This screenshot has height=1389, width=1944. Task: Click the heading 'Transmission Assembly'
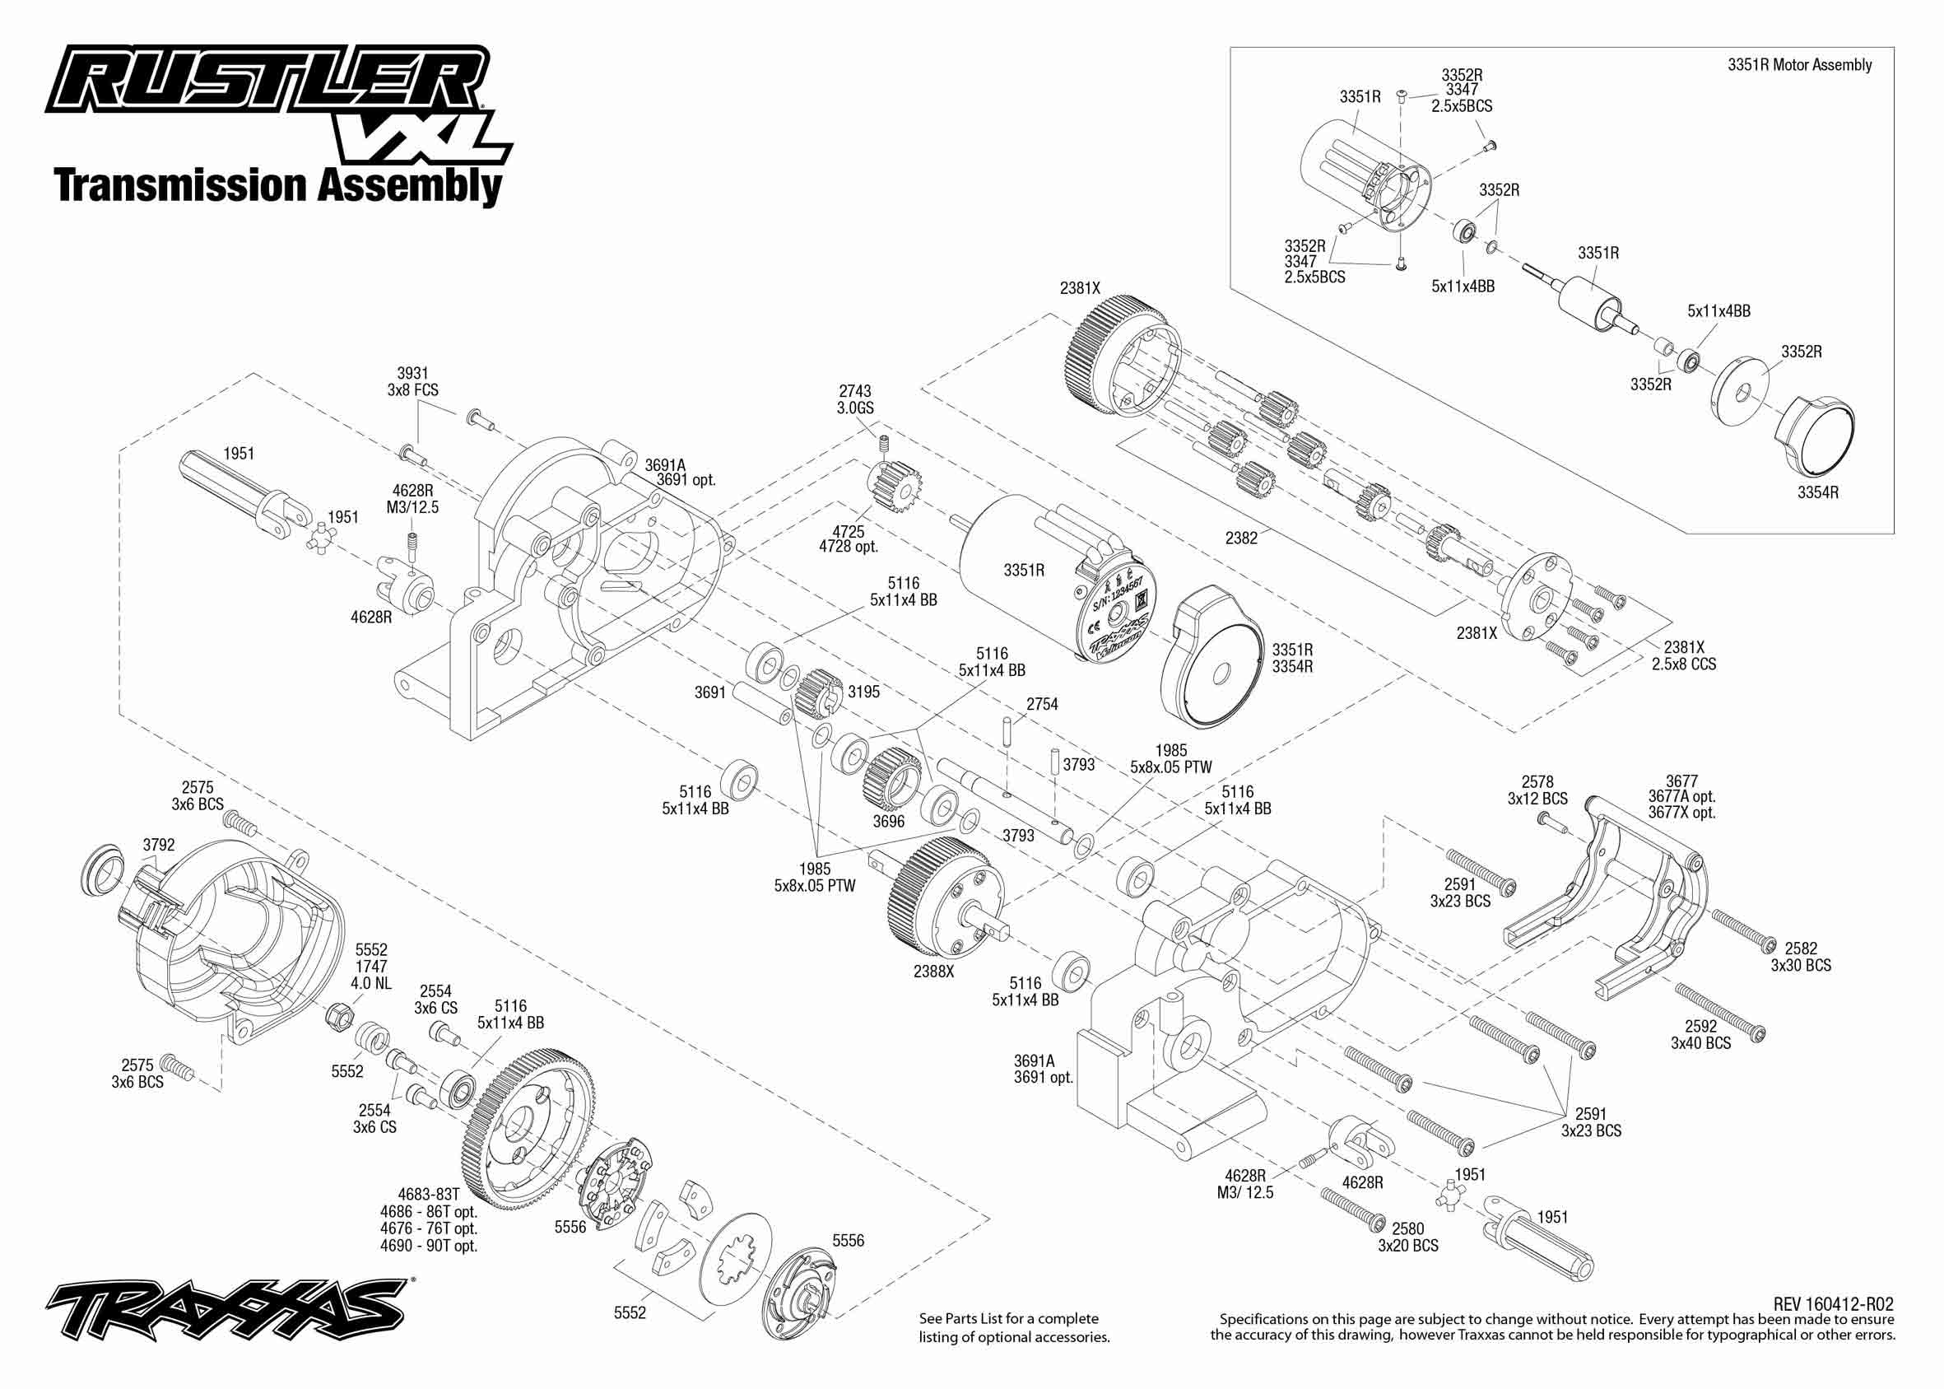[x=278, y=185]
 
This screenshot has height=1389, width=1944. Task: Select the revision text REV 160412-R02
[x=1833, y=1304]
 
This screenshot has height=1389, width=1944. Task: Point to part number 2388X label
[x=932, y=972]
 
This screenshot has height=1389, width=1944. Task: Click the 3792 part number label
[x=158, y=845]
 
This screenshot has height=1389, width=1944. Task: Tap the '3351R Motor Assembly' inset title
[x=1799, y=65]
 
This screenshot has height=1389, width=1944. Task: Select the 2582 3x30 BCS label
[x=1800, y=957]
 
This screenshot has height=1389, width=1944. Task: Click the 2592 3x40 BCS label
[x=1700, y=1035]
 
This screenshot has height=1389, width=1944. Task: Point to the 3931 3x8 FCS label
[x=412, y=381]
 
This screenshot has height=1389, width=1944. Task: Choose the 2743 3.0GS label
[x=855, y=399]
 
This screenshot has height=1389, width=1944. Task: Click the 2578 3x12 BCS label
[x=1537, y=790]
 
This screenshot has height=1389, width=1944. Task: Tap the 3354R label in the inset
[x=1817, y=492]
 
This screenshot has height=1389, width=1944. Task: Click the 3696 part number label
[x=888, y=822]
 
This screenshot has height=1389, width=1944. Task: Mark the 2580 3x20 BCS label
[x=1407, y=1238]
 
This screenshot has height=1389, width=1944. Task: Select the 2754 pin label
[x=1042, y=704]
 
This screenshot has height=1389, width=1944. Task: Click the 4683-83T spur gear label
[x=428, y=1194]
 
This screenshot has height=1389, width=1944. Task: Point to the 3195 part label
[x=863, y=692]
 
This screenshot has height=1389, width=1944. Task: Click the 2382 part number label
[x=1240, y=538]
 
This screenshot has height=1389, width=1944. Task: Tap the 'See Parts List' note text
[x=1014, y=1327]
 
